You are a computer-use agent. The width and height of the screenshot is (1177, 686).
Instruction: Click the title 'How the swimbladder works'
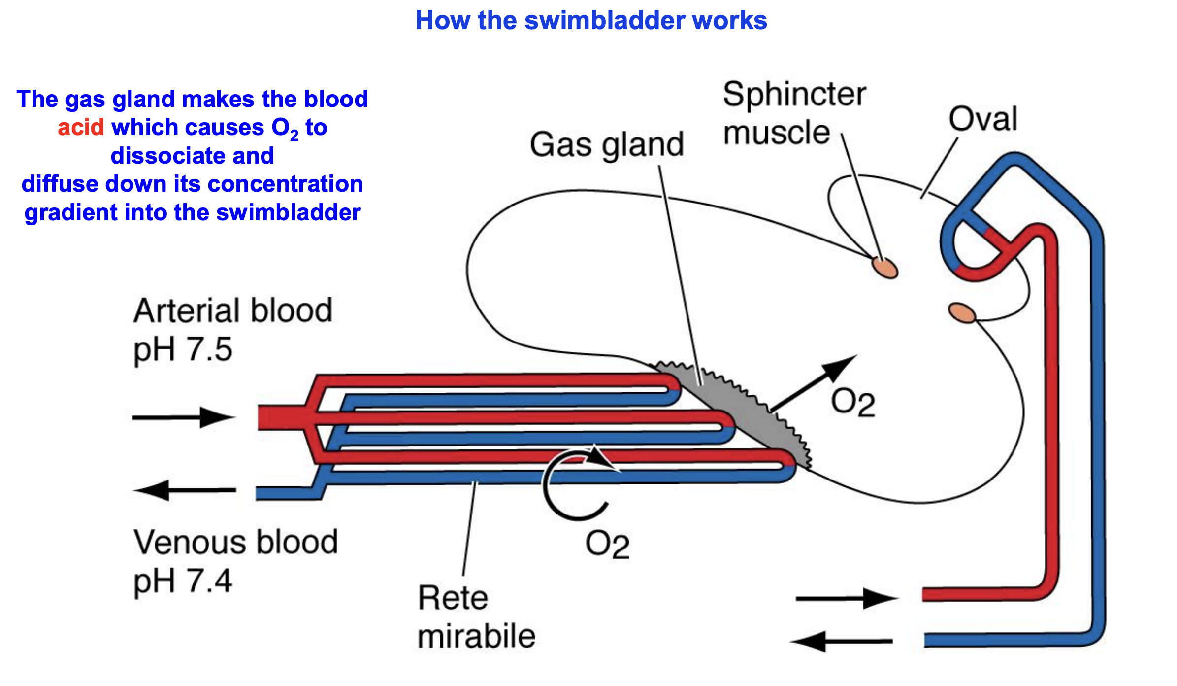pyautogui.click(x=591, y=21)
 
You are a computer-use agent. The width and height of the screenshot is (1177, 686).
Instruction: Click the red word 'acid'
pyautogui.click(x=81, y=128)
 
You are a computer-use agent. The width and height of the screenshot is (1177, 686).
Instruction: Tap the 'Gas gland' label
pyautogui.click(x=606, y=144)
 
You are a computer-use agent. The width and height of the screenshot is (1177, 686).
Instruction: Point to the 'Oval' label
pyautogui.click(x=982, y=119)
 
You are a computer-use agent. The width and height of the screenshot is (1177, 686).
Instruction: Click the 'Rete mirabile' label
pyautogui.click(x=476, y=617)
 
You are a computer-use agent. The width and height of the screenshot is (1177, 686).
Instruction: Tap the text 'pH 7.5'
pyautogui.click(x=183, y=350)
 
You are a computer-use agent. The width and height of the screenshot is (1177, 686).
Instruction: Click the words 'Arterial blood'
pyautogui.click(x=233, y=311)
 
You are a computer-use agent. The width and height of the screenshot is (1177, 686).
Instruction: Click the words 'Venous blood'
pyautogui.click(x=235, y=542)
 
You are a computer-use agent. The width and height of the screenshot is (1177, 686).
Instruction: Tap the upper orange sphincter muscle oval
pyautogui.click(x=885, y=268)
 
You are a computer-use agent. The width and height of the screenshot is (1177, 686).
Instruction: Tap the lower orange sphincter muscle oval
pyautogui.click(x=961, y=313)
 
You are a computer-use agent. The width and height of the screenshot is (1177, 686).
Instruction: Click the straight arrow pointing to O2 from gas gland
pyautogui.click(x=813, y=383)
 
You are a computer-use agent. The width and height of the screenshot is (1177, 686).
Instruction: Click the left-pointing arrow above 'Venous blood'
pyautogui.click(x=185, y=490)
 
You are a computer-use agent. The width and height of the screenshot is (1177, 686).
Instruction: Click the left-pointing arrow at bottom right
pyautogui.click(x=842, y=642)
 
